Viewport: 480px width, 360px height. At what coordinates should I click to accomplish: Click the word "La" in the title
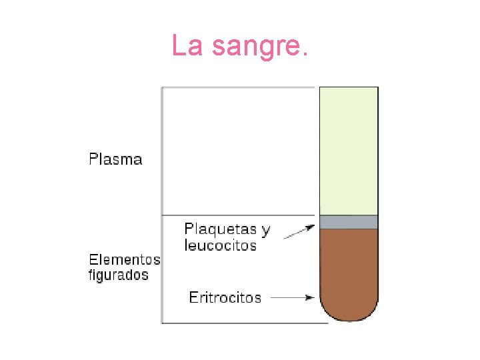coord(187,45)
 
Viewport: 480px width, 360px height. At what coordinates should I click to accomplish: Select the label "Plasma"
coord(115,159)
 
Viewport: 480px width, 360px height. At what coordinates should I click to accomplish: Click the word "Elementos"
coord(125,260)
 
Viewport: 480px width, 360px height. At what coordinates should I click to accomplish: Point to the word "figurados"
coord(119,275)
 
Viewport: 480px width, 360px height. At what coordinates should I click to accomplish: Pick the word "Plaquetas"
coord(219,230)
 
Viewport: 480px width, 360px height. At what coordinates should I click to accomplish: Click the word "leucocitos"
coord(220,245)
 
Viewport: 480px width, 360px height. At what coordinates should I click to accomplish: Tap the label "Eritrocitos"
coord(225,297)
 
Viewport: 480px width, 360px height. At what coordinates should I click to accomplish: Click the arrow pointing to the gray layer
coord(299,232)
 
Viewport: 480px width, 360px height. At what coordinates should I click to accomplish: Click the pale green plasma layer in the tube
coord(349,151)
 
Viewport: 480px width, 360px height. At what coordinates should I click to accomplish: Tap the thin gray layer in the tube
coord(349,222)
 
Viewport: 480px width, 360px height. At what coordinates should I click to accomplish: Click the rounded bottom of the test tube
coord(349,312)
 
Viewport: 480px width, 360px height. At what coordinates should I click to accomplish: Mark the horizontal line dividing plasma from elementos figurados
coord(239,215)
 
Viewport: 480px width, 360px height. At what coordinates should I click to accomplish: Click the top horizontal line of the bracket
coord(239,87)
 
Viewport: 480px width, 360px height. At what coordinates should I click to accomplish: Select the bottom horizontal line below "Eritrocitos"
coord(245,323)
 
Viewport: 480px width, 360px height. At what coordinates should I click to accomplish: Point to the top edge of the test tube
coord(349,87)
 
